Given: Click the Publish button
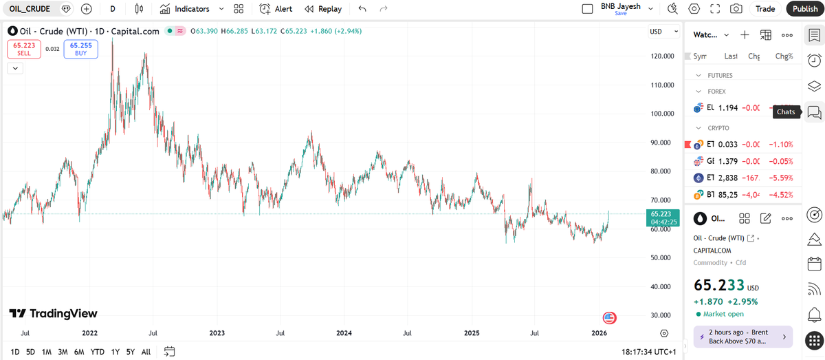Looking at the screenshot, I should point(805,9).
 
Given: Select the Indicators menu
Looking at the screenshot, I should point(191,9).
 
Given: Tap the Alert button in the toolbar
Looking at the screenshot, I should point(276,9).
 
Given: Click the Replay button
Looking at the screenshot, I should point(322,9).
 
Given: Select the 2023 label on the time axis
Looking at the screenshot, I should point(217,333).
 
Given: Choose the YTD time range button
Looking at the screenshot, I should point(98,352).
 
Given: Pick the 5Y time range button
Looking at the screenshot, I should point(131,352).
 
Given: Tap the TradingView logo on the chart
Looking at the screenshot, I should point(54,314).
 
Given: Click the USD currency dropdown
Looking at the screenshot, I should point(661,32).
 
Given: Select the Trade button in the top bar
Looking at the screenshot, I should point(765,9).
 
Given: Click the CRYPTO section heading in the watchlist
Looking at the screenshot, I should point(718,128).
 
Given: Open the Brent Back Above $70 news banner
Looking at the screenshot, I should point(742,337).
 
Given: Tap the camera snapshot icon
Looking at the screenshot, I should point(736,9).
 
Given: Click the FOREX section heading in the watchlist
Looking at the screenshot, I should point(716,91).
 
